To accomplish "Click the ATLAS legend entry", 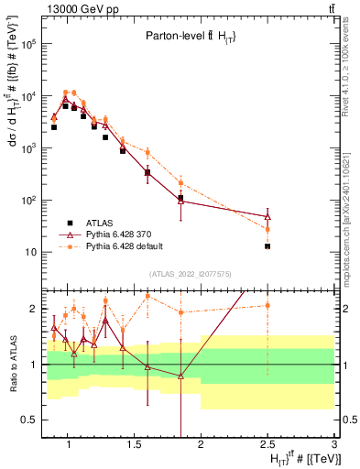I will pyautogui.click(x=102, y=223).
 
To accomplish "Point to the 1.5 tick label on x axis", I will pyautogui.click(x=131, y=446).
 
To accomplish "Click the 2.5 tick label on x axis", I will pyautogui.click(x=267, y=446).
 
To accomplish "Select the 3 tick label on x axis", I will pyautogui.click(x=334, y=446).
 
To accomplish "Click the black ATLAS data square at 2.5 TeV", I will pyautogui.click(x=267, y=246).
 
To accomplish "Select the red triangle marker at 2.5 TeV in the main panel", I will pyautogui.click(x=267, y=216).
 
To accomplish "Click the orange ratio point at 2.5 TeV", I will pyautogui.click(x=267, y=305).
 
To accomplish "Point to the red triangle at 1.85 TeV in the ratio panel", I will pyautogui.click(x=181, y=376).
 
